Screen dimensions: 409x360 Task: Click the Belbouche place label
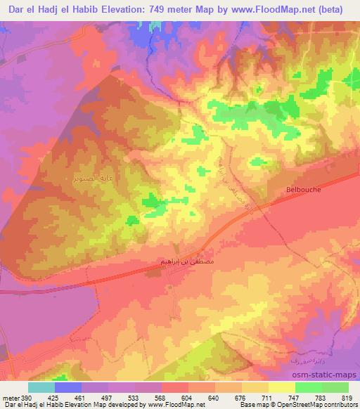304,189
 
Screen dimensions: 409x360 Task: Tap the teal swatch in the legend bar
41,387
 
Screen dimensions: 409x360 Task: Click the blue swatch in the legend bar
67,387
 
